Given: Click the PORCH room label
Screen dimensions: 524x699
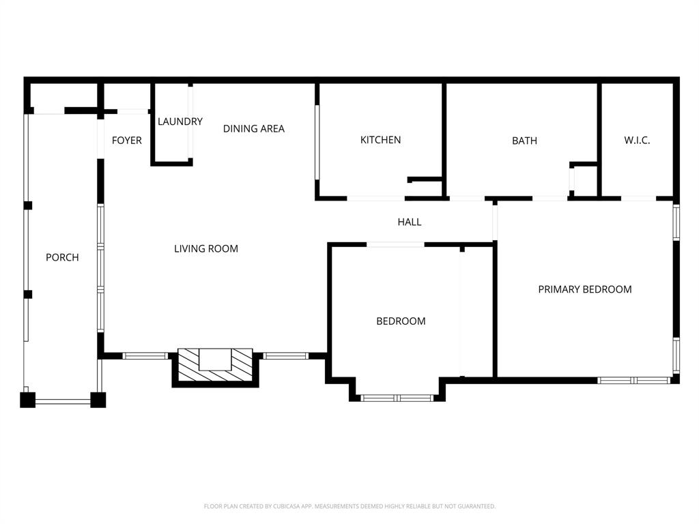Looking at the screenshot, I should [x=62, y=257].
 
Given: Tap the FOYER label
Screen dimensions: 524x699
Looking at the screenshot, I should [x=127, y=141].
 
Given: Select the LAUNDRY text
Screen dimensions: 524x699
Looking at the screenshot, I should [x=180, y=121].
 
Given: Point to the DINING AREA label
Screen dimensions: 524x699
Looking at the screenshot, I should [x=254, y=128].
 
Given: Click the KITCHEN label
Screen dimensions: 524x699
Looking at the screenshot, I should [x=381, y=140].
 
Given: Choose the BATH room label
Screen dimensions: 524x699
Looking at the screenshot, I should [x=524, y=141].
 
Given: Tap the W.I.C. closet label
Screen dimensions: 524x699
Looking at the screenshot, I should [x=637, y=141].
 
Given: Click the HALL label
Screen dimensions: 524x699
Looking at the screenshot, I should [x=410, y=222].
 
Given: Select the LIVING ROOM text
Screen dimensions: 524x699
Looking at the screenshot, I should [x=206, y=248].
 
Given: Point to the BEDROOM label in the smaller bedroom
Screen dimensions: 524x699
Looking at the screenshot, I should [x=401, y=321].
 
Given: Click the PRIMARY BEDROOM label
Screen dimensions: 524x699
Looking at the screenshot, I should [x=585, y=289].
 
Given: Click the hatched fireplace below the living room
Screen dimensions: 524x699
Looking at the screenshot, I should [x=215, y=366].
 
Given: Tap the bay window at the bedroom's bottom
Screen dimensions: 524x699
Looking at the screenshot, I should [x=397, y=398].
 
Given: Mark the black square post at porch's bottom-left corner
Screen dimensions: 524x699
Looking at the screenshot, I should [x=27, y=400].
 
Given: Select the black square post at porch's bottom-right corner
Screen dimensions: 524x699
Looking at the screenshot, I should [x=98, y=400].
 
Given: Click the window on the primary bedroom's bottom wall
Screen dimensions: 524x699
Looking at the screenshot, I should [x=633, y=380].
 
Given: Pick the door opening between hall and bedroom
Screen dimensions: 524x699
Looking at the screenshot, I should [x=396, y=244].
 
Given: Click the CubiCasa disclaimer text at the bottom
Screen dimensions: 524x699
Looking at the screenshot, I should [x=349, y=506].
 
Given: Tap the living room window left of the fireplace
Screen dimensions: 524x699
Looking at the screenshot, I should [x=145, y=355].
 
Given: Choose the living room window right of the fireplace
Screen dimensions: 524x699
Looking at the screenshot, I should [x=285, y=355].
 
